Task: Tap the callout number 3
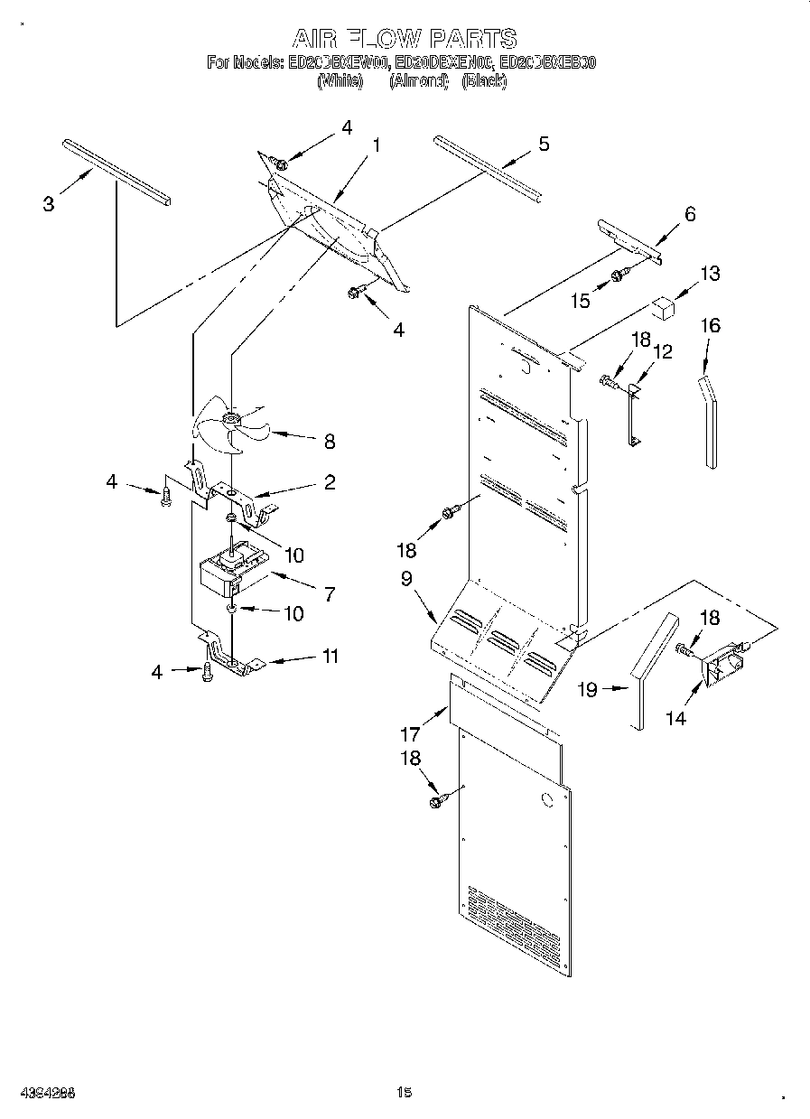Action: (x=49, y=204)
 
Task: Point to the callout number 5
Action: (x=543, y=144)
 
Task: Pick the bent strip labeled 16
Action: (x=710, y=421)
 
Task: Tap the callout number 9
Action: (x=407, y=579)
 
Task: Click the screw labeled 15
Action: (x=617, y=275)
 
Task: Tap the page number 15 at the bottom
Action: (x=404, y=1094)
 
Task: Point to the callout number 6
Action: (x=690, y=214)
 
